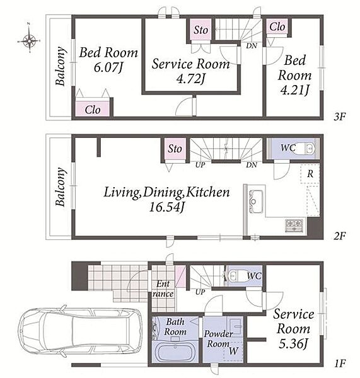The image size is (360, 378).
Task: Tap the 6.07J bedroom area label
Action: pos(108,67)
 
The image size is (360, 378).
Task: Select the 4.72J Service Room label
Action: pos(190,79)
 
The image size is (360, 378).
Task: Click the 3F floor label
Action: pos(340,117)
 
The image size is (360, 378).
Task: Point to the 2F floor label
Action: pos(340,236)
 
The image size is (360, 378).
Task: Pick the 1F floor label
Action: pos(340,363)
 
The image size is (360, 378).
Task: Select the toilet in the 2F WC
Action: pos(306,148)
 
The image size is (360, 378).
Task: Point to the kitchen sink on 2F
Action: pos(256,202)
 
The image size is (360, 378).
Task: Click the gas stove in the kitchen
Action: pos(294,226)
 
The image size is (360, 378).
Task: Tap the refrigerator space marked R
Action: pos(310,174)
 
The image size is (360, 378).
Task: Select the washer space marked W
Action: pos(233,351)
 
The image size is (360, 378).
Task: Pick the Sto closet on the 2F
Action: pos(175,149)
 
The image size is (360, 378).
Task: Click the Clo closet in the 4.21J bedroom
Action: pos(277,26)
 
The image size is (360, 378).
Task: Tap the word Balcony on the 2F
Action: pos(61,187)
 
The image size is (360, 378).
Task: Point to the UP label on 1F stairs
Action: pos(200,292)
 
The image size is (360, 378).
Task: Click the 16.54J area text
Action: pos(167,207)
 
